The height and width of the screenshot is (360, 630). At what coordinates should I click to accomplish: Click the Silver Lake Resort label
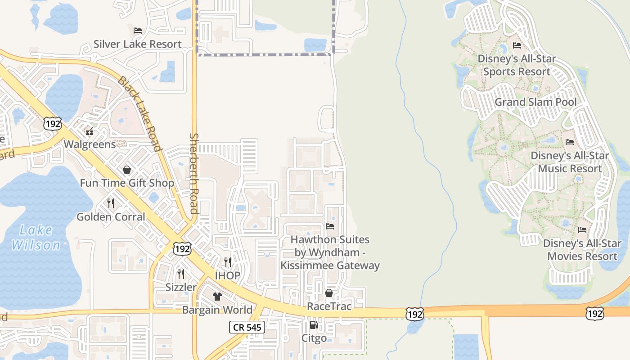(x=137, y=44)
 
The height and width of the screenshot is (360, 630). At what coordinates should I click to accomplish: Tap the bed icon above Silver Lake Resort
(x=138, y=31)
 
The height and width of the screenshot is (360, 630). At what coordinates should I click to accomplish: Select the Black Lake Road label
(x=139, y=114)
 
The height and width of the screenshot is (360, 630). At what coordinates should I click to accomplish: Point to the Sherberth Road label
(x=194, y=173)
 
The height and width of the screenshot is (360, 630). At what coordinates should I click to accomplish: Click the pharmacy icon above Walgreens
(x=90, y=131)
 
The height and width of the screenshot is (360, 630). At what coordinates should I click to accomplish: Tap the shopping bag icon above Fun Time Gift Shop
(x=127, y=170)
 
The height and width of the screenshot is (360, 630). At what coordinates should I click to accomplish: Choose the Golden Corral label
(x=111, y=217)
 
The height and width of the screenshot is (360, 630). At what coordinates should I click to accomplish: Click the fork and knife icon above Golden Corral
(x=111, y=203)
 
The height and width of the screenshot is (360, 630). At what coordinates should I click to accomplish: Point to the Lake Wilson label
(x=36, y=238)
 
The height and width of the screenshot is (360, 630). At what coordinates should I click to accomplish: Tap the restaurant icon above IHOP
(x=228, y=262)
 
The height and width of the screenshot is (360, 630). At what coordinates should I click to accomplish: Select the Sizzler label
(x=181, y=287)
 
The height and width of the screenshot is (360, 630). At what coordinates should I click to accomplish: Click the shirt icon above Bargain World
(x=217, y=297)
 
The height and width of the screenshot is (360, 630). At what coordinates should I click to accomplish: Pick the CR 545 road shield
(x=247, y=327)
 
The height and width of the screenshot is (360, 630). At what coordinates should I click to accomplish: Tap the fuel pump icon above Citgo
(x=314, y=325)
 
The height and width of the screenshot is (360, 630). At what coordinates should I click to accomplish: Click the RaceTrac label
(x=329, y=306)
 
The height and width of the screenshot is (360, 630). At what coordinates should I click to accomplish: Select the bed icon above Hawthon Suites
(x=330, y=226)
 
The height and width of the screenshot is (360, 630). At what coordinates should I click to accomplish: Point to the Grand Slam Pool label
(x=535, y=102)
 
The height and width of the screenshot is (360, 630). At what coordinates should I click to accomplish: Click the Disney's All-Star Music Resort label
(x=570, y=162)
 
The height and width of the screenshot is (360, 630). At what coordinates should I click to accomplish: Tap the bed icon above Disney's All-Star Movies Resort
(x=582, y=230)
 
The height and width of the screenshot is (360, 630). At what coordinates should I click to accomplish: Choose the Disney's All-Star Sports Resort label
(x=517, y=65)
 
